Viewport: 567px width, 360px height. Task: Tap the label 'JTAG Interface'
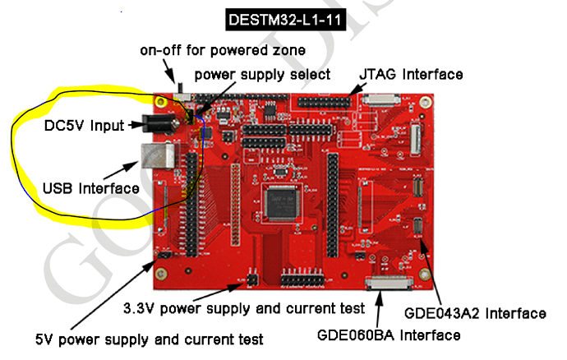tap(410, 75)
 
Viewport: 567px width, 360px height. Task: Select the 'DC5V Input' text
tap(83, 127)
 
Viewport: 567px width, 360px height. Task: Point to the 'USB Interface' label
tap(90, 188)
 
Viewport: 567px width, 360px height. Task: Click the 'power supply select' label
tap(262, 75)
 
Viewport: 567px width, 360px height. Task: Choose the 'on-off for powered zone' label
tap(223, 51)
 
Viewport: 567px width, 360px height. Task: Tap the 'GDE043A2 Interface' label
tap(475, 313)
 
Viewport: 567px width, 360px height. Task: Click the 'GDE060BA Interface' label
tap(389, 335)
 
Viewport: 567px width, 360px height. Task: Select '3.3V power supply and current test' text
tap(243, 309)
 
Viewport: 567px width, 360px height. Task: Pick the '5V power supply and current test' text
tap(149, 339)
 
